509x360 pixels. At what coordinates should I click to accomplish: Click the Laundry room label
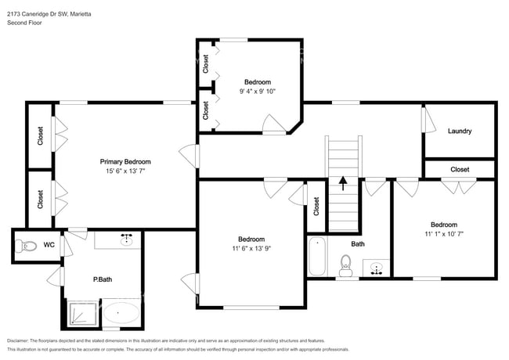click(460, 131)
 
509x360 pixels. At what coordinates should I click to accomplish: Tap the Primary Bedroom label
click(125, 161)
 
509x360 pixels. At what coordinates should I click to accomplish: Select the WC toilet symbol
click(28, 246)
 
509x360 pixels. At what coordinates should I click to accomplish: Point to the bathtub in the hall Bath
click(317, 256)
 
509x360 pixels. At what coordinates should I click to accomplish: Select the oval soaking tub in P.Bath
click(121, 315)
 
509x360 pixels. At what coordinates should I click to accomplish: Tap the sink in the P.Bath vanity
click(125, 239)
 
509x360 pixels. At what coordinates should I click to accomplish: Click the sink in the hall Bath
click(377, 268)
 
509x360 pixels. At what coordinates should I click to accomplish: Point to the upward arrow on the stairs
click(342, 183)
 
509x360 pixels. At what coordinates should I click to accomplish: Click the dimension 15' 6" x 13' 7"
click(125, 171)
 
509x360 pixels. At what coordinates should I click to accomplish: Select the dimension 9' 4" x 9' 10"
click(257, 91)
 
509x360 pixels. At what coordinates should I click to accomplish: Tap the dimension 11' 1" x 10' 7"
click(444, 233)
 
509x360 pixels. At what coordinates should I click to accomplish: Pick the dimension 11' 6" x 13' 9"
click(251, 249)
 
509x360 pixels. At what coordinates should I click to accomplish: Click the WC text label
click(49, 245)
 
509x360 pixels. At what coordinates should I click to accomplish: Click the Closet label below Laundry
click(460, 169)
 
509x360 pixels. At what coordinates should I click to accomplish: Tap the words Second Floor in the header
click(26, 23)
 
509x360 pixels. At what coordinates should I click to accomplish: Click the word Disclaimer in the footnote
click(24, 340)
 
